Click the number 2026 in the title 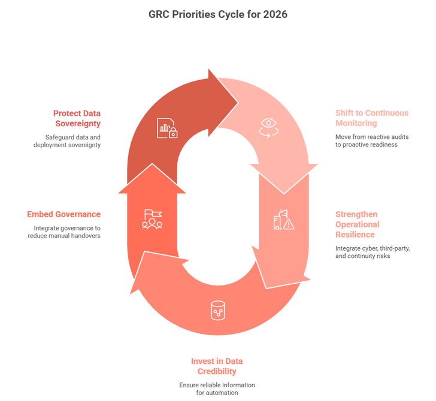[x=274, y=14]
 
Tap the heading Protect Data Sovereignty [x=76, y=118]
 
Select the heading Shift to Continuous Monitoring [x=371, y=118]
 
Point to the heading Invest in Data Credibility [x=217, y=366]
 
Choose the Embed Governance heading [x=63, y=214]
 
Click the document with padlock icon [x=167, y=128]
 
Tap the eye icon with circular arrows [x=269, y=127]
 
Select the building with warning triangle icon [x=283, y=220]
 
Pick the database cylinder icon [x=217, y=311]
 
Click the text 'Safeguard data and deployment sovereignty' [x=66, y=141]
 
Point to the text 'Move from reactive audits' [x=372, y=137]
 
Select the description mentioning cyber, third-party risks [x=372, y=252]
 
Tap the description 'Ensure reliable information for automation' [x=217, y=388]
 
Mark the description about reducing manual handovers [x=64, y=232]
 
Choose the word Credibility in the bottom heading [x=217, y=372]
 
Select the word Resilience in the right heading [x=355, y=234]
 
